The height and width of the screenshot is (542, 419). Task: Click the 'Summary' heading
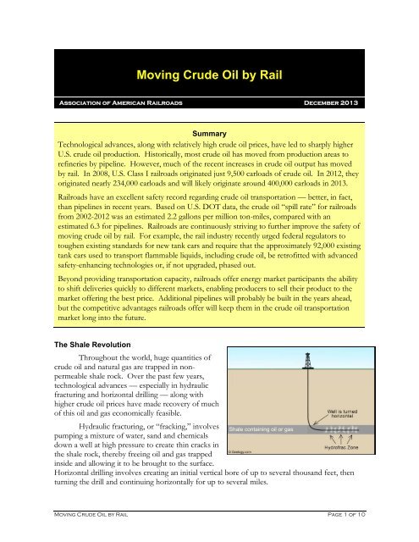click(209, 134)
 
